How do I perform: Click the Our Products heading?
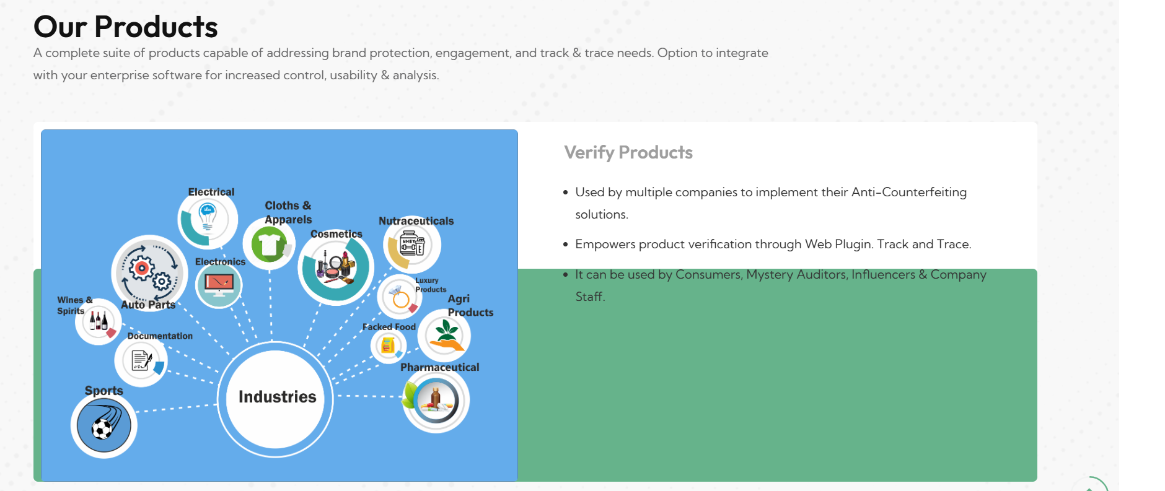pyautogui.click(x=126, y=27)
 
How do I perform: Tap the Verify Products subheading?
pyautogui.click(x=628, y=152)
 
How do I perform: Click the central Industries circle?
pyautogui.click(x=276, y=396)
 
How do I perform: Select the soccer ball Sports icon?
pyautogui.click(x=103, y=426)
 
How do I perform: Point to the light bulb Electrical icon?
pyautogui.click(x=208, y=218)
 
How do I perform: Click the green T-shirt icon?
pyautogui.click(x=270, y=245)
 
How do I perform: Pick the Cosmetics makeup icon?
pyautogui.click(x=336, y=267)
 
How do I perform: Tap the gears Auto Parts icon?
pyautogui.click(x=149, y=272)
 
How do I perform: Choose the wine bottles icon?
pyautogui.click(x=99, y=321)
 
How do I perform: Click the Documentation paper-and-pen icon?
pyautogui.click(x=141, y=360)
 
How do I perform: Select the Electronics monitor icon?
pyautogui.click(x=219, y=285)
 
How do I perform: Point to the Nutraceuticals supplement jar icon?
pyautogui.click(x=412, y=245)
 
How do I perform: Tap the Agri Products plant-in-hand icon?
pyautogui.click(x=445, y=336)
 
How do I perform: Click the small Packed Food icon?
pyautogui.click(x=388, y=345)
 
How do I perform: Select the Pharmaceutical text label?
pyautogui.click(x=439, y=367)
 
